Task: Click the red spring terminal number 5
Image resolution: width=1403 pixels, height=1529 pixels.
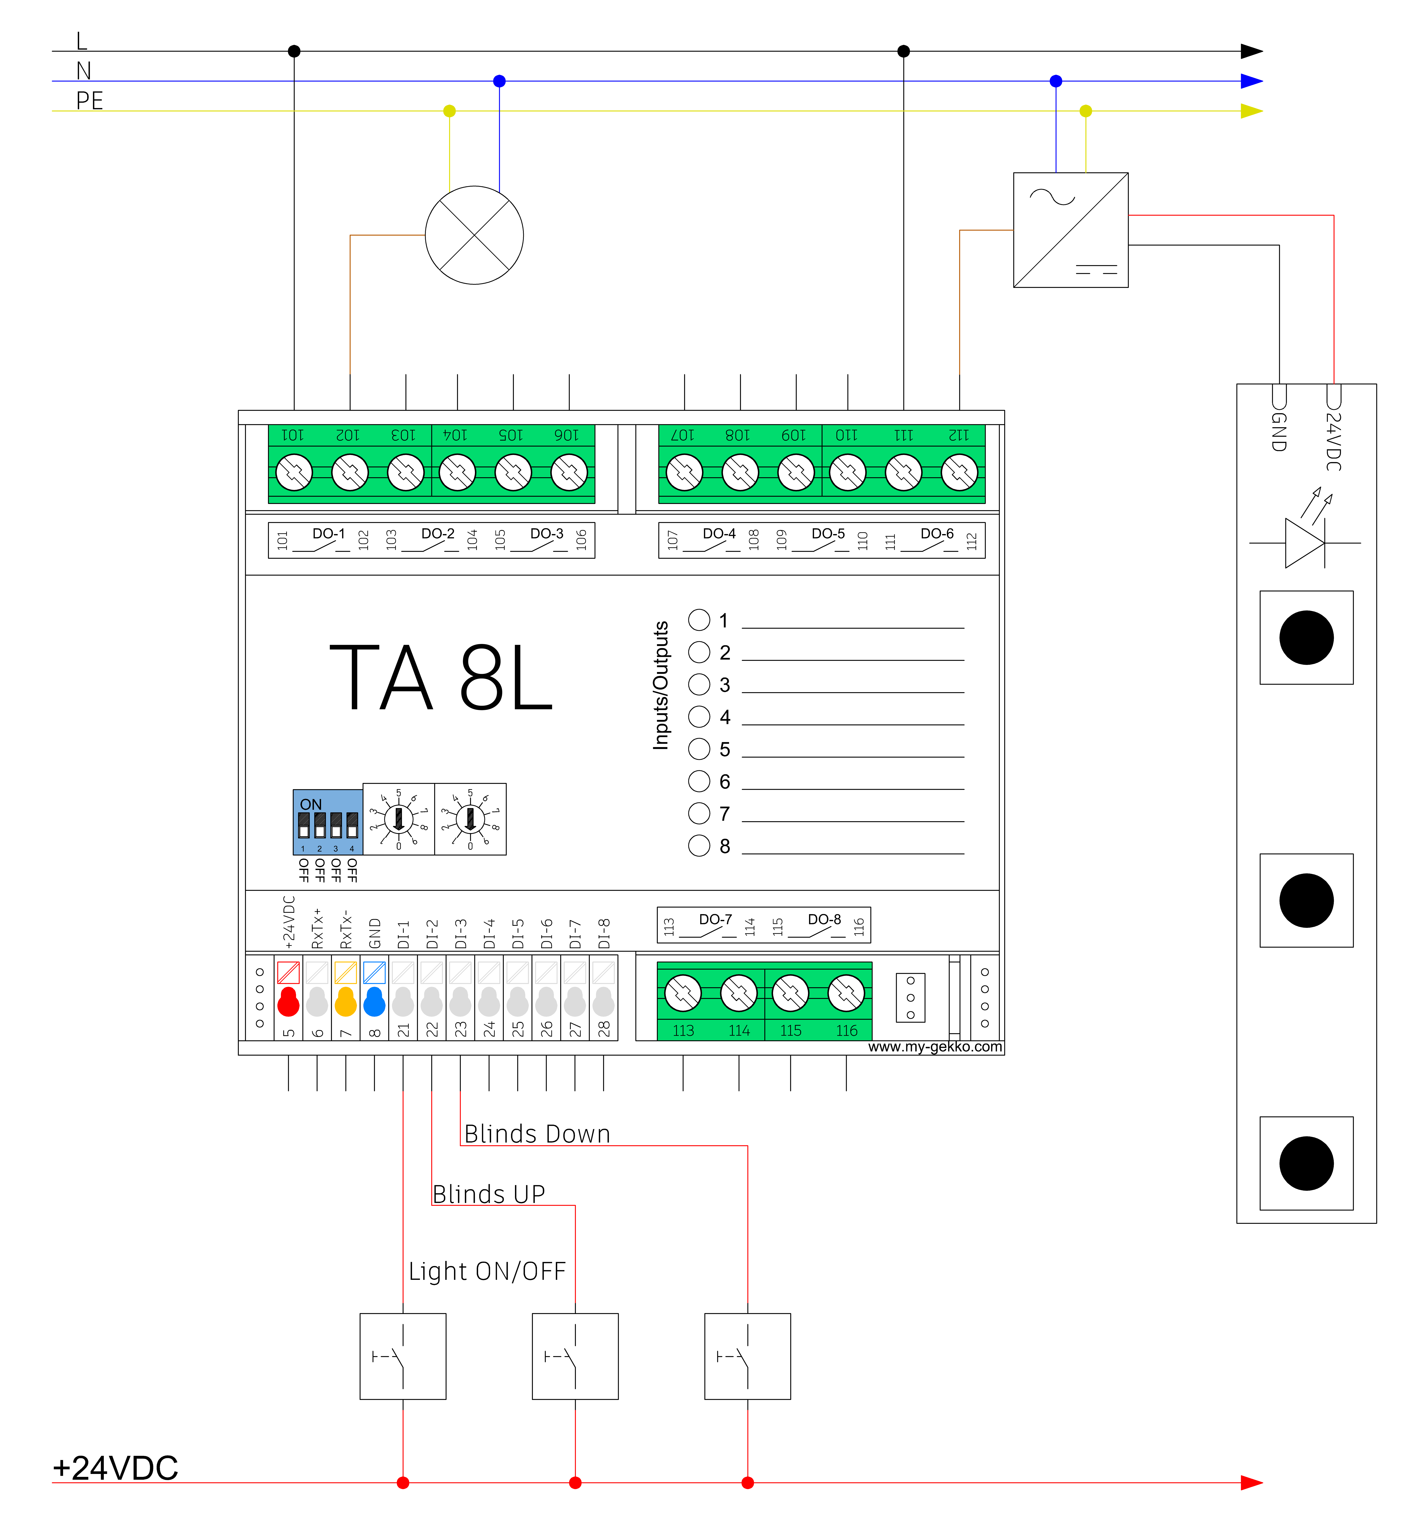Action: tap(288, 1001)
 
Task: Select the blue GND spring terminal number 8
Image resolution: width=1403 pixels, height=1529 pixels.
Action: tap(374, 1001)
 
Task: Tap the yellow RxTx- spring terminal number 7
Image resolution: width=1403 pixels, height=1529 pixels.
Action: tap(345, 1001)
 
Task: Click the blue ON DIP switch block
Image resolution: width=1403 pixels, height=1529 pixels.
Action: tap(328, 822)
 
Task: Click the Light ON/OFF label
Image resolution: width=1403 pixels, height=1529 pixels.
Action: tap(487, 1271)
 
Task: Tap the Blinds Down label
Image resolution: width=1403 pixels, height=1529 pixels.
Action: tap(538, 1133)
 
